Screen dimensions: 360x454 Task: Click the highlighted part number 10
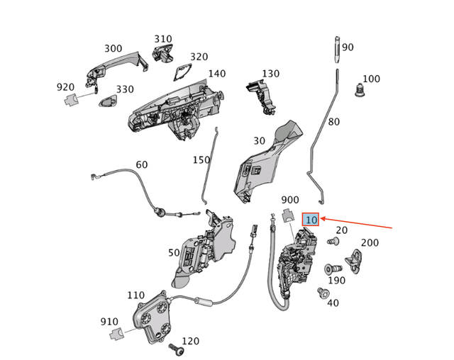(311, 220)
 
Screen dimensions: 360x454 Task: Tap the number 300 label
(113, 49)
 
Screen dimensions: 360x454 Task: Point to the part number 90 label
(348, 47)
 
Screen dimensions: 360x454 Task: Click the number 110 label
(135, 296)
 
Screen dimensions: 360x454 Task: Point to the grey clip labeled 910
(114, 333)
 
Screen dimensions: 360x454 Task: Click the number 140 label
(216, 74)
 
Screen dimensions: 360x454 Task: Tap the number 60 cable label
(142, 164)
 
